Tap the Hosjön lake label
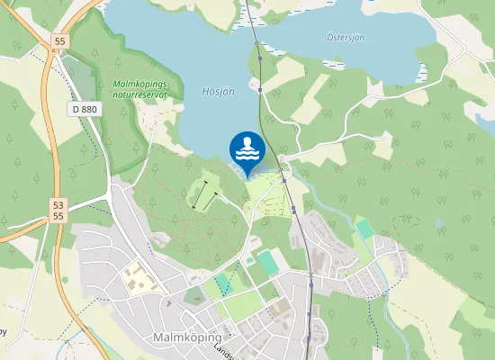point(219,92)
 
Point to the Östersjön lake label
point(345,37)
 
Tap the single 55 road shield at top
point(60,41)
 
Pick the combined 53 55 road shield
point(58,211)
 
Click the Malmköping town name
point(188,337)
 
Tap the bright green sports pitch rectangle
point(268,264)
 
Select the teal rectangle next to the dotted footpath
point(222,284)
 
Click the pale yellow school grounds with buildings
point(138,277)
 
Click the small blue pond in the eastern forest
point(438,223)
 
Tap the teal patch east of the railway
point(364,229)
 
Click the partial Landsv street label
point(221,353)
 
